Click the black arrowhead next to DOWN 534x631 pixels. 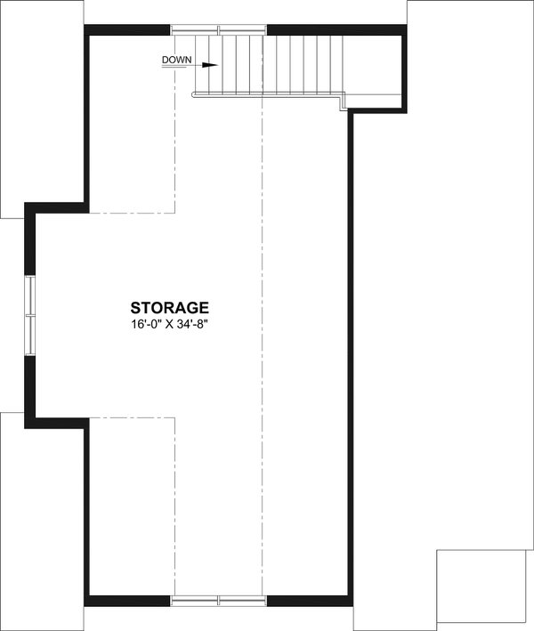210,65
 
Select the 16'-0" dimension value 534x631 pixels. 142,326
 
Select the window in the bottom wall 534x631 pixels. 219,600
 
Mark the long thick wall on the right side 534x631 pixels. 351,356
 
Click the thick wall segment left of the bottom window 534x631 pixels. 129,600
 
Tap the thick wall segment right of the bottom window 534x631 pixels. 309,600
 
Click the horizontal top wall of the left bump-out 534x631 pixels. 57,207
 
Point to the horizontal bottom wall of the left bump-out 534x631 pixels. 59,419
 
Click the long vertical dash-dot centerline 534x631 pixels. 263,356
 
